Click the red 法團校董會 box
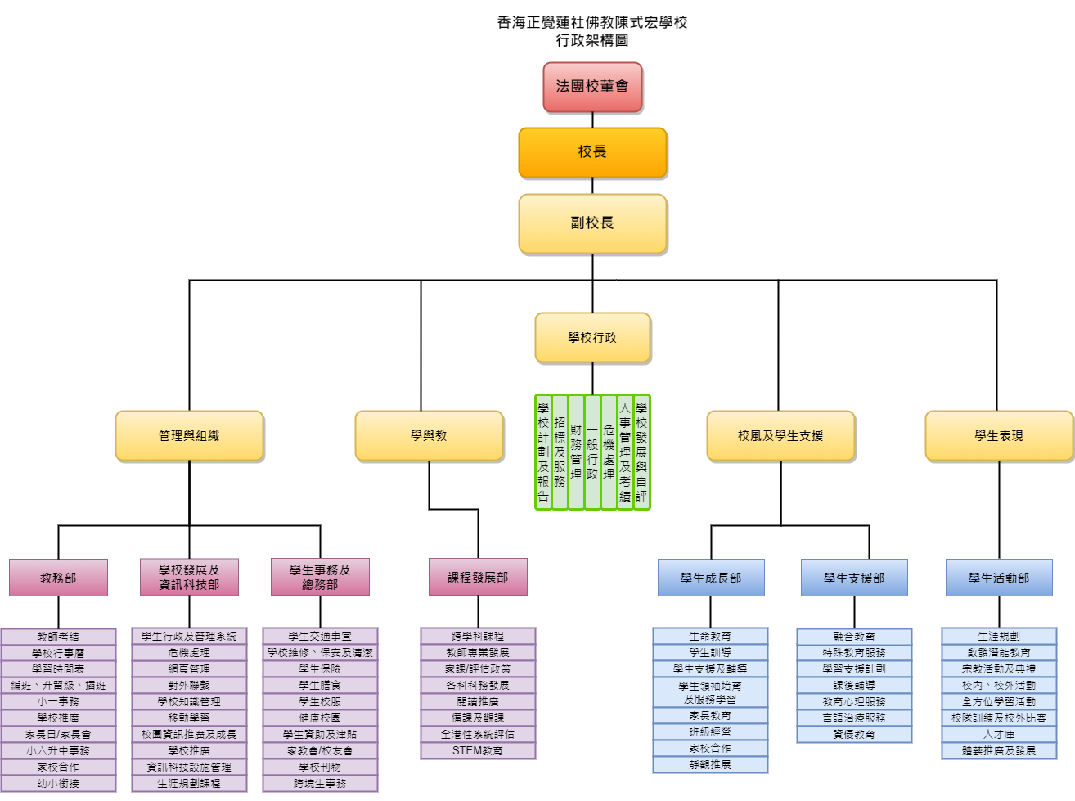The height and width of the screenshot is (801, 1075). click(592, 87)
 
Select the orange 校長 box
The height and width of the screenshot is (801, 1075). click(592, 152)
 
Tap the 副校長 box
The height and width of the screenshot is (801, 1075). click(592, 223)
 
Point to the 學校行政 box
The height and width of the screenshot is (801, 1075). click(592, 337)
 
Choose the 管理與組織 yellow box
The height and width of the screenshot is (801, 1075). click(189, 435)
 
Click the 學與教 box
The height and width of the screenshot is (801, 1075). click(429, 435)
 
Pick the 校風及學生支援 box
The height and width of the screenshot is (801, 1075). click(780, 435)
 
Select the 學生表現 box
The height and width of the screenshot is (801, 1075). click(999, 435)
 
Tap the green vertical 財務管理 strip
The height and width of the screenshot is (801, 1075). click(576, 452)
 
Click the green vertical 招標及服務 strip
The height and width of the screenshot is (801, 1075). click(560, 452)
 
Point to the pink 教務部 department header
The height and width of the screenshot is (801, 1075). click(58, 578)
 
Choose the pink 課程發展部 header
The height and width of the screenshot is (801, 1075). click(478, 577)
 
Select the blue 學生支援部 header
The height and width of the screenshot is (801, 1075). click(854, 578)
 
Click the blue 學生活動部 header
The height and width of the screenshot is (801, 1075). click(999, 578)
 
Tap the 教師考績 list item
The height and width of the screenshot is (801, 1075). click(58, 637)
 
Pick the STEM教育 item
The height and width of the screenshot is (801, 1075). click(478, 750)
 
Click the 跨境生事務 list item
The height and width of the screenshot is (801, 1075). click(320, 783)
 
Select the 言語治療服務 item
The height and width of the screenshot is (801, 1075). click(854, 718)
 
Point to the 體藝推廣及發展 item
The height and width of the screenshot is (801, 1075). click(999, 750)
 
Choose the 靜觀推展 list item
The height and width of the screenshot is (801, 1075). click(710, 764)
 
